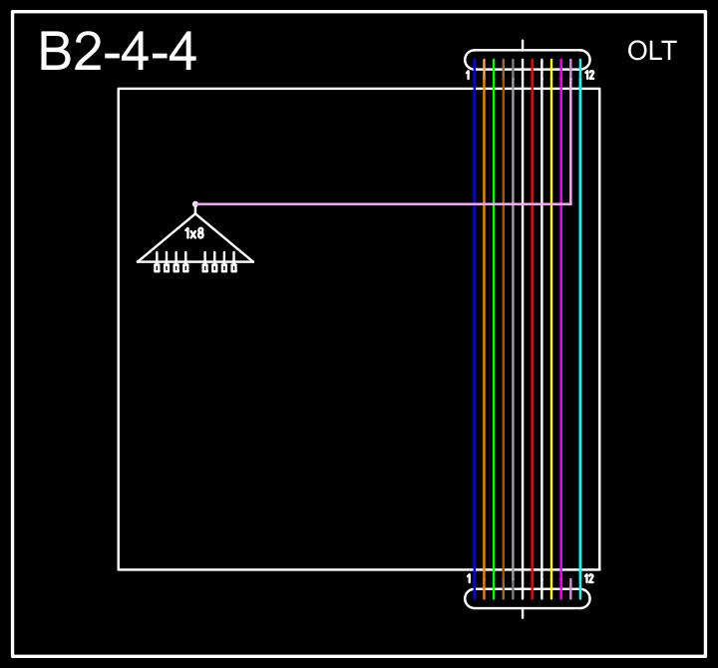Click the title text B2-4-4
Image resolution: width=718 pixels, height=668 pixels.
click(117, 53)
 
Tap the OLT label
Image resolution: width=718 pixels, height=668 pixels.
click(651, 51)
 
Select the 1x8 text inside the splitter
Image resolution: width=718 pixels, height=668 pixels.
click(194, 233)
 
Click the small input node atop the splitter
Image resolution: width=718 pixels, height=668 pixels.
click(195, 203)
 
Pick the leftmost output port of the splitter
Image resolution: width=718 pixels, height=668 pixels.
click(158, 267)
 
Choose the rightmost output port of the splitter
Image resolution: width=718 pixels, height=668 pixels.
click(234, 267)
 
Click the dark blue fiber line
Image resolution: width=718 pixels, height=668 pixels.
click(475, 329)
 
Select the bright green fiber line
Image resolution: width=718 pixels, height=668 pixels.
click(494, 329)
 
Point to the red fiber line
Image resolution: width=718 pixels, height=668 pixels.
click(533, 329)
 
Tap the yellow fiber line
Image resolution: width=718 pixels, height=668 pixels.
click(551, 329)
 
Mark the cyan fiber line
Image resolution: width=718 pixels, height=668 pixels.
click(580, 329)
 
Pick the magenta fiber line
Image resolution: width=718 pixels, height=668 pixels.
click(561, 329)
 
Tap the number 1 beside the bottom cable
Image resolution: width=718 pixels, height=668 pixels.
click(469, 578)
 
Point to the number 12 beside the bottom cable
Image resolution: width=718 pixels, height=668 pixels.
click(589, 578)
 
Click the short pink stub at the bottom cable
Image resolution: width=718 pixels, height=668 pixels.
click(570, 588)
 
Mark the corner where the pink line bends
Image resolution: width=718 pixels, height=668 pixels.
click(570, 203)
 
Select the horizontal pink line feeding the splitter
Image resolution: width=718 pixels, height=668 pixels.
click(379, 203)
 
